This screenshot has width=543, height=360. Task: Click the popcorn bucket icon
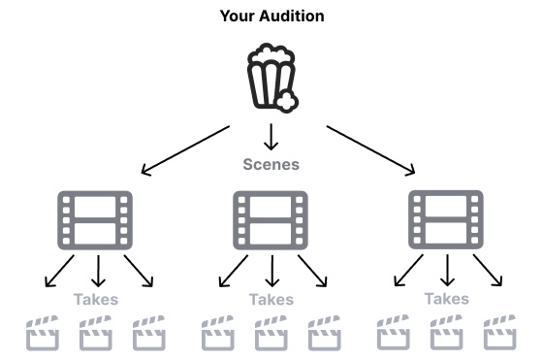pyautogui.click(x=271, y=78)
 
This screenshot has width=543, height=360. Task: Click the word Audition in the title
pyautogui.click(x=292, y=16)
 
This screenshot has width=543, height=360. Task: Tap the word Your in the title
pyautogui.click(x=238, y=16)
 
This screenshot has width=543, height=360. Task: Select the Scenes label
pyautogui.click(x=271, y=164)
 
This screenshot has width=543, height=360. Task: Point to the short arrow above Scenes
pyautogui.click(x=271, y=137)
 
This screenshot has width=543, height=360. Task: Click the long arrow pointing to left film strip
pyautogui.click(x=185, y=150)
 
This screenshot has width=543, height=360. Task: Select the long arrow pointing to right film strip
pyautogui.click(x=370, y=150)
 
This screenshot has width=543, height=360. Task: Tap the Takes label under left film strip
pyautogui.click(x=96, y=300)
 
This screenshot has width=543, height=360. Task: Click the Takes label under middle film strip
pyautogui.click(x=271, y=300)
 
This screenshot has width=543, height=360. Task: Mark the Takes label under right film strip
pyautogui.click(x=447, y=299)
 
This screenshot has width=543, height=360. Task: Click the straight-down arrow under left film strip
pyautogui.click(x=98, y=271)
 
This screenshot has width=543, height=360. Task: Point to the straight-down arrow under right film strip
pyautogui.click(x=447, y=271)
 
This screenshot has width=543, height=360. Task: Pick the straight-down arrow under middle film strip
pyautogui.click(x=272, y=271)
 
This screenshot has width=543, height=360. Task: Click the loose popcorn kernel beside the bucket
pyautogui.click(x=287, y=101)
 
